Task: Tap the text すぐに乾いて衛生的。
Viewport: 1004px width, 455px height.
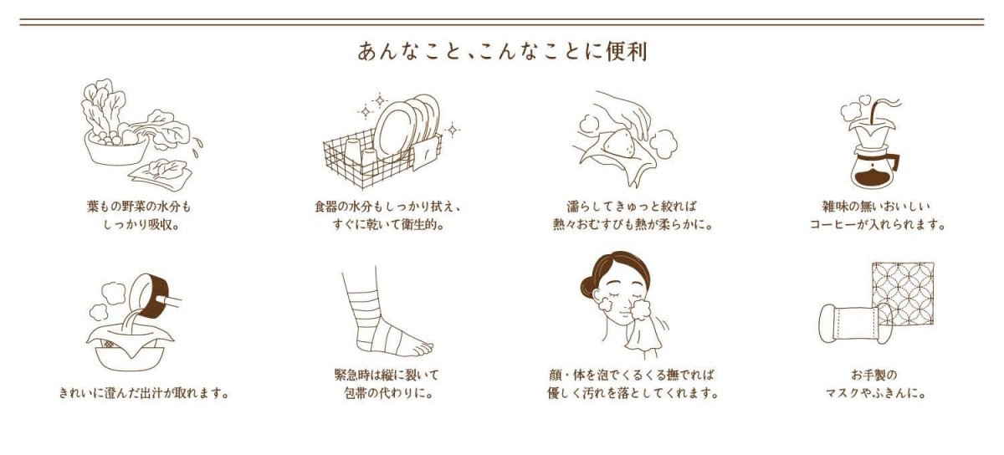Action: [x=392, y=225]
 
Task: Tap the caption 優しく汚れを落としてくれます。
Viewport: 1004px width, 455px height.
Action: [x=633, y=392]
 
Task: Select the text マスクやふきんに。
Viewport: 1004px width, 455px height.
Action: [x=876, y=392]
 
